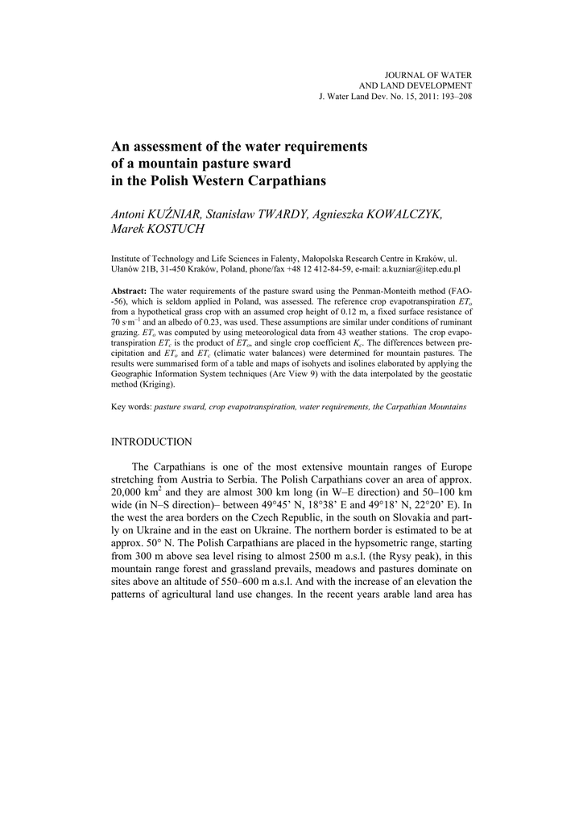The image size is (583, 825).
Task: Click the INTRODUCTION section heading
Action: tap(151, 442)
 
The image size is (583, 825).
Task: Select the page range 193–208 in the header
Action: tap(455, 96)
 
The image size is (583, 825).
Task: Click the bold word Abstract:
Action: tap(129, 289)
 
